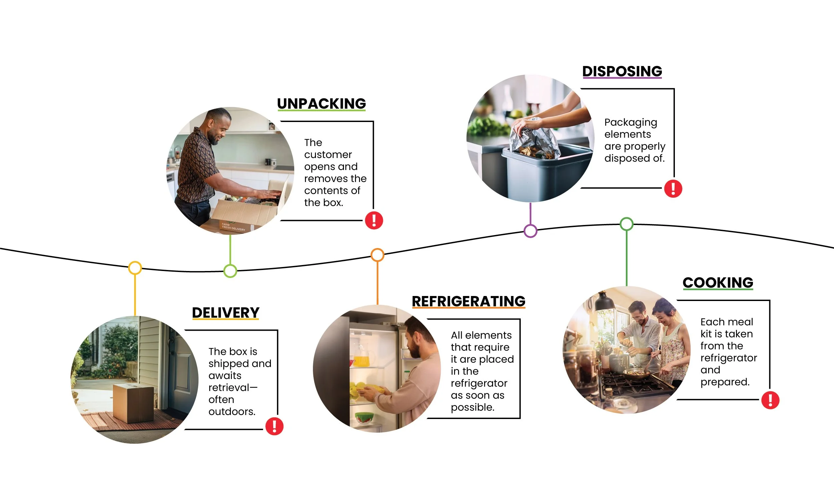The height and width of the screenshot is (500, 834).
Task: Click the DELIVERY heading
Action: (x=226, y=313)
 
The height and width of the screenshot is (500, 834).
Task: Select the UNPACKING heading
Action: (x=321, y=104)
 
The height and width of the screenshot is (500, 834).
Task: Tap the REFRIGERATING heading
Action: (x=468, y=301)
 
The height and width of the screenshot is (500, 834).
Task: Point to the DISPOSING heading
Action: (x=622, y=71)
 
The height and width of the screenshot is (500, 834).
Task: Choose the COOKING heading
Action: (x=718, y=282)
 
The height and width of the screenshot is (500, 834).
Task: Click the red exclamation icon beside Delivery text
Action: (x=275, y=426)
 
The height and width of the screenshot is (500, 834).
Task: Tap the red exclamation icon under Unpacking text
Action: (x=374, y=220)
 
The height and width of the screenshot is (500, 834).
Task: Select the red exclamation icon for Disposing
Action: (x=673, y=188)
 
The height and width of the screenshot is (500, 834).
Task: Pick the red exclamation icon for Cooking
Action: (x=770, y=400)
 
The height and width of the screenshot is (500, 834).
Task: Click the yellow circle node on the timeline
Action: (x=135, y=268)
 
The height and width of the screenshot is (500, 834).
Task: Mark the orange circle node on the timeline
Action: (x=377, y=255)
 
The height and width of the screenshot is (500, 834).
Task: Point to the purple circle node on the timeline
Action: (x=530, y=231)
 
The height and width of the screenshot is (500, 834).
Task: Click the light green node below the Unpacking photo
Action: (x=230, y=271)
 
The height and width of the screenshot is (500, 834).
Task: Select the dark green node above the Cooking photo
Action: (x=627, y=224)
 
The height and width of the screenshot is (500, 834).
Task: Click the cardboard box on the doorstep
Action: (x=133, y=402)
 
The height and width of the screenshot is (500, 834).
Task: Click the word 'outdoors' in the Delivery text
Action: (x=231, y=411)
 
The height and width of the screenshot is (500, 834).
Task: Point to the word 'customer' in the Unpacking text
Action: (x=328, y=155)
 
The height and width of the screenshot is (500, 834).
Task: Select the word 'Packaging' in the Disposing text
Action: (x=631, y=122)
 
